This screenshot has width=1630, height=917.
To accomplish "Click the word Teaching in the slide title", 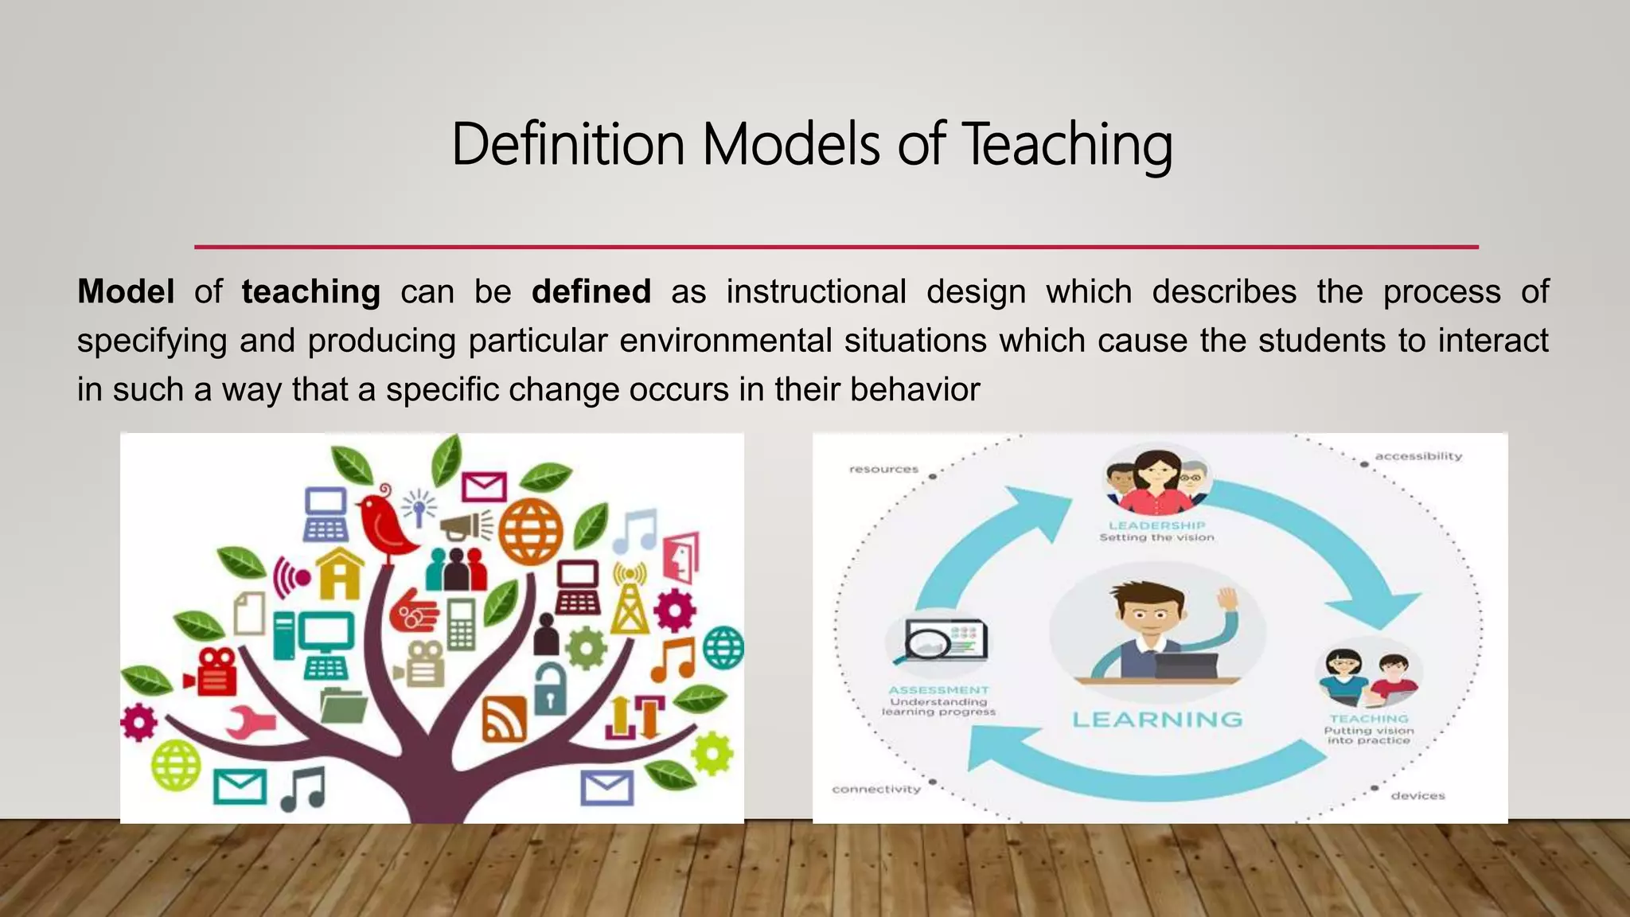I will click(x=1067, y=145).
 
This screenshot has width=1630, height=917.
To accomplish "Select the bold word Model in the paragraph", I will click(x=126, y=292).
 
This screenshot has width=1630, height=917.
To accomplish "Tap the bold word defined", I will click(x=591, y=292).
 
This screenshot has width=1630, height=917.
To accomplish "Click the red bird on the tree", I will click(x=385, y=525).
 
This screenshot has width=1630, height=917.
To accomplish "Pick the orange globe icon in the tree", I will click(x=530, y=530).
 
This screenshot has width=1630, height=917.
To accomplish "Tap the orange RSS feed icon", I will click(x=504, y=718).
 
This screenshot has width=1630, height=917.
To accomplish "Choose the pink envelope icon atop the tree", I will click(x=484, y=486).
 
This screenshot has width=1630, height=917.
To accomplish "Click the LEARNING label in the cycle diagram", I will click(x=1157, y=720).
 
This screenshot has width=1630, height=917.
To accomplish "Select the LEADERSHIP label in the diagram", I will click(x=1157, y=525).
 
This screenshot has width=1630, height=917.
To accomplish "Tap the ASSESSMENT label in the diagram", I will click(x=939, y=690).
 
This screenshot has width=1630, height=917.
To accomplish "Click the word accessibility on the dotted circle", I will click(x=1418, y=456).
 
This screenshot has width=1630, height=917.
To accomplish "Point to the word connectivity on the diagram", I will click(x=876, y=790).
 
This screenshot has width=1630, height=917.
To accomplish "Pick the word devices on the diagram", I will click(x=1417, y=796).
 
